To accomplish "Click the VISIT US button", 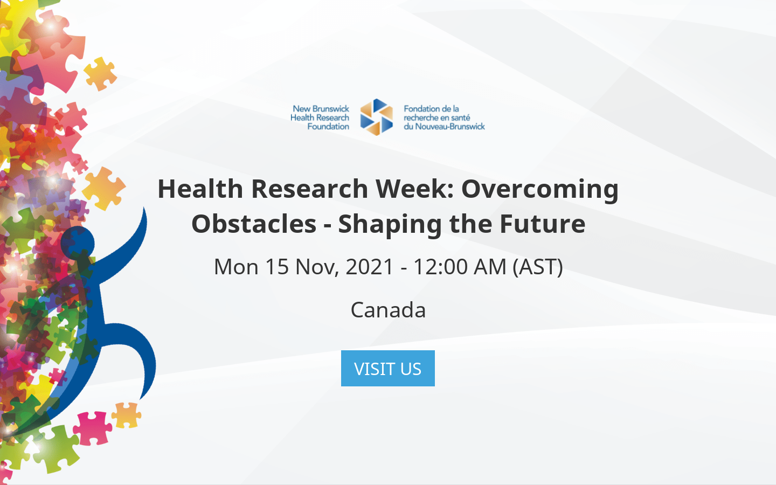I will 387,369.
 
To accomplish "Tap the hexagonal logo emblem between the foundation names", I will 377,117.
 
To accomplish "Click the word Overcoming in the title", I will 540,189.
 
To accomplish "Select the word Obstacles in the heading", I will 254,224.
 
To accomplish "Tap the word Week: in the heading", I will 415,189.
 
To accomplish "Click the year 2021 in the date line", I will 370,267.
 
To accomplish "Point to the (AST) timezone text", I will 537,267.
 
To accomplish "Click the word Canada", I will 388,310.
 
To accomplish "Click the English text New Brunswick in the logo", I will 321,109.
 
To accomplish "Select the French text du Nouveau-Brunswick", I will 444,127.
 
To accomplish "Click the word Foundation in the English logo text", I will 328,127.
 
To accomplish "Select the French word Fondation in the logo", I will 422,109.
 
